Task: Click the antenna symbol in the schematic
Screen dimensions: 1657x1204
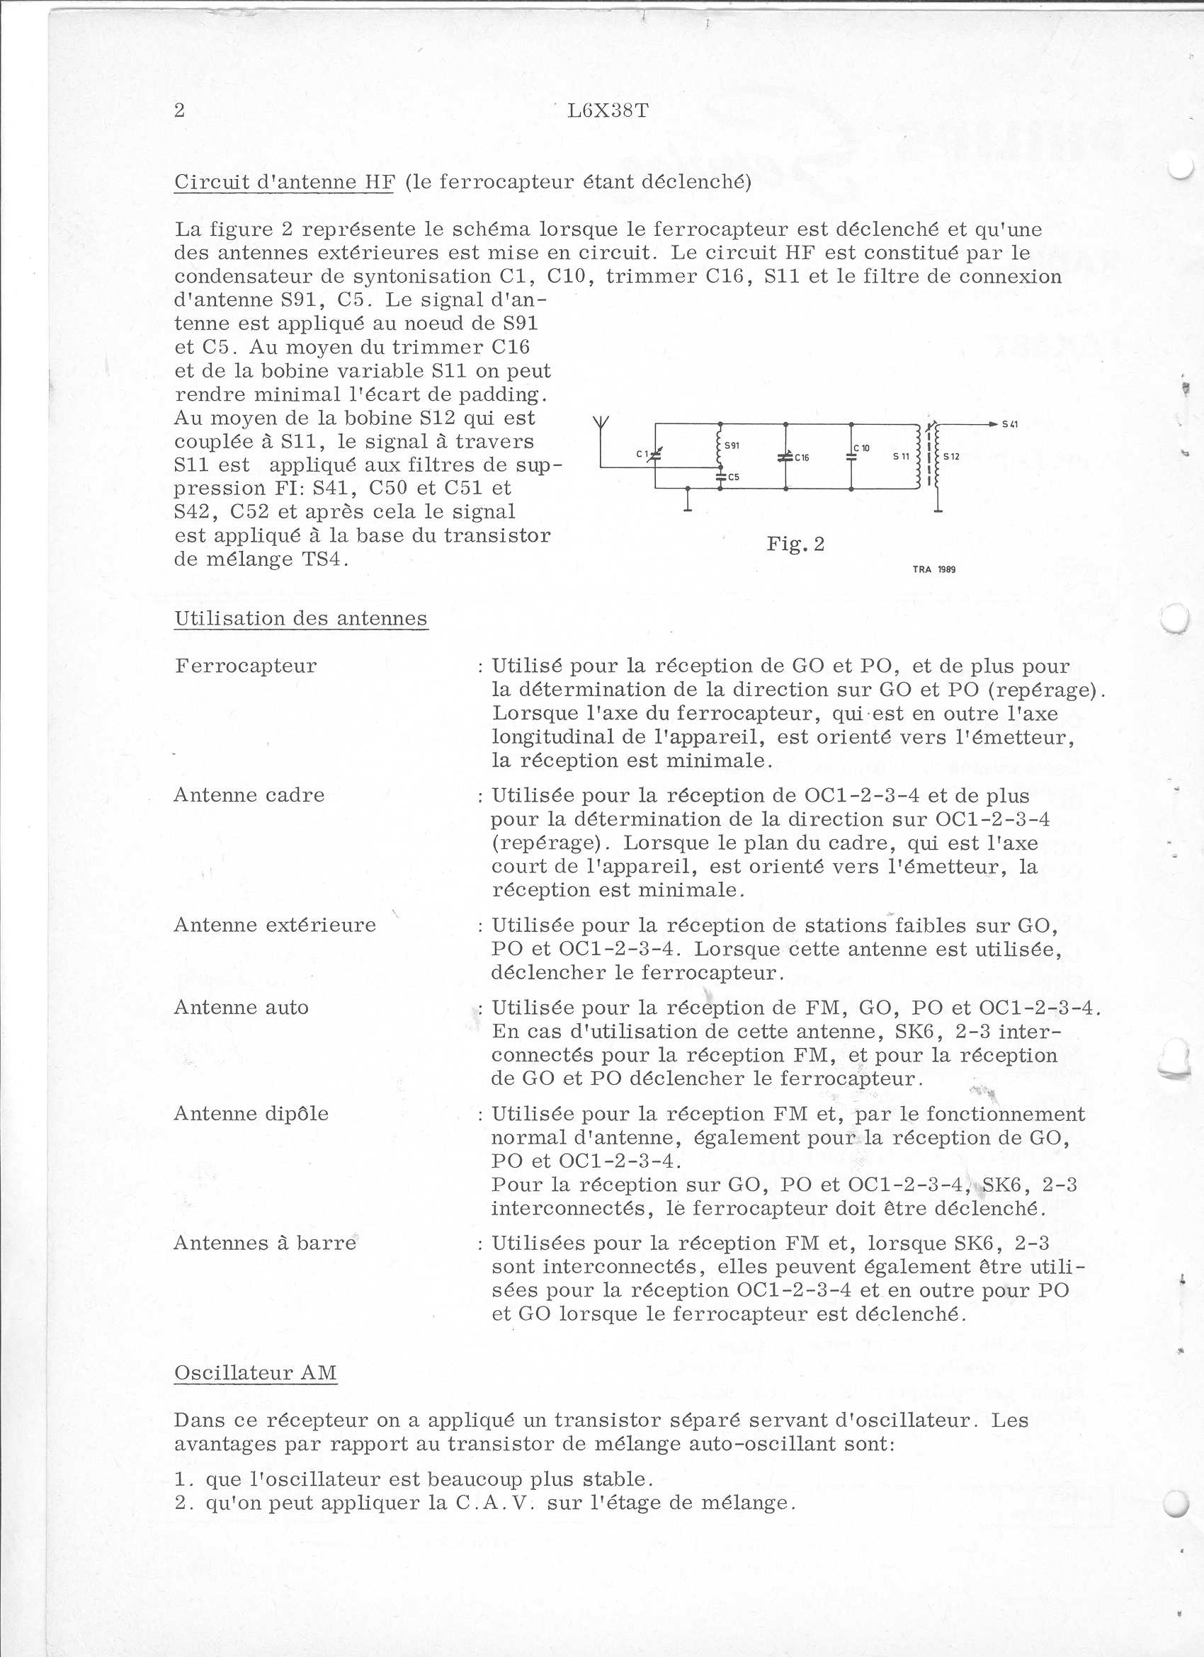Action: [600, 423]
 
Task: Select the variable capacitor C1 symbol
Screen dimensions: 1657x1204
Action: [654, 455]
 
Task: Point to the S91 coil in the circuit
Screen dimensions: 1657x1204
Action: [720, 453]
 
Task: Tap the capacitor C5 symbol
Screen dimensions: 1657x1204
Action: [720, 477]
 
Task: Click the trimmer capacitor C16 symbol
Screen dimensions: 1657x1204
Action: [785, 457]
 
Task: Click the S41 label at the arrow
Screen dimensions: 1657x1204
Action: [1011, 423]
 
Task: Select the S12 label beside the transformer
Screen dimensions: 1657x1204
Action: [950, 457]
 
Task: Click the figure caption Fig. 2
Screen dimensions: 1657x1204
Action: [795, 544]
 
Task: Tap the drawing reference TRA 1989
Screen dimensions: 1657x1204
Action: [933, 569]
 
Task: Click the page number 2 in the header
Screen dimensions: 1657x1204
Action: [180, 110]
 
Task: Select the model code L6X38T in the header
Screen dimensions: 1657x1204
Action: [608, 111]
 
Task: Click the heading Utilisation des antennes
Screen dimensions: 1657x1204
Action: [300, 618]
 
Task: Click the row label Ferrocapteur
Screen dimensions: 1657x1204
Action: [246, 666]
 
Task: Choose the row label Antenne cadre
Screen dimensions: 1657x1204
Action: [249, 795]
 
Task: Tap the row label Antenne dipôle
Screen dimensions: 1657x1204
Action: [251, 1113]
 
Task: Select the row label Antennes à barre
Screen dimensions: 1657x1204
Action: [264, 1243]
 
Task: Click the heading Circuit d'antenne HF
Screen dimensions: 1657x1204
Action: [283, 182]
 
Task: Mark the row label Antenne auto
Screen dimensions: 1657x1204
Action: [241, 1008]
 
